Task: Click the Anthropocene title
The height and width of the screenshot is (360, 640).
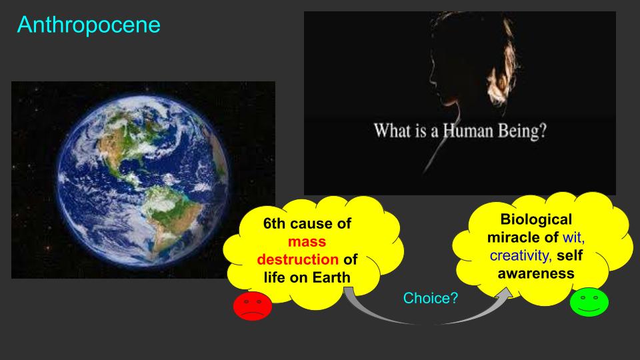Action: pos(89,25)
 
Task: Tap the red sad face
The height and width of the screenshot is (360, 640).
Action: pos(252,306)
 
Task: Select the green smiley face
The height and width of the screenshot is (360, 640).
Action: pos(589,302)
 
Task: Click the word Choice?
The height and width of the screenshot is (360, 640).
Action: pos(431,298)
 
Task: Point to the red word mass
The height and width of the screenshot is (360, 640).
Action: pos(307,241)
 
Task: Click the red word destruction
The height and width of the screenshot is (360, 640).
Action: pos(297,259)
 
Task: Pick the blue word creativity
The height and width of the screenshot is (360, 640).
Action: pos(521,255)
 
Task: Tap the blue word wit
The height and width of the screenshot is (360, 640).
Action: pos(573,237)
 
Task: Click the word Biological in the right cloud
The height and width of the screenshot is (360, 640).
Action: pos(536,219)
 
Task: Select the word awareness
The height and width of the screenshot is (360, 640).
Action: pos(536,273)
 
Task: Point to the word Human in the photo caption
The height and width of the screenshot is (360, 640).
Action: pos(468,131)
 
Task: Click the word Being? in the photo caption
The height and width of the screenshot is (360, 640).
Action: pos(522,131)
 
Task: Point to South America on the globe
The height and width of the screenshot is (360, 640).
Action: pos(171,212)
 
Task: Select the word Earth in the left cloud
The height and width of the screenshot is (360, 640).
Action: pos(332,277)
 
